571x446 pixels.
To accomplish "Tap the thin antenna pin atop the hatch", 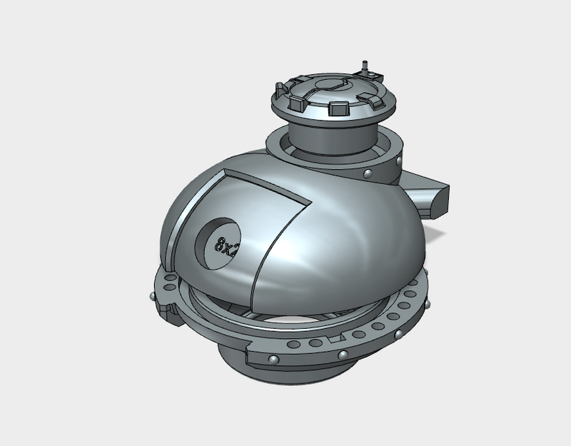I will (x=365, y=66).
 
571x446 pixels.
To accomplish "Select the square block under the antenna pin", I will (x=365, y=74).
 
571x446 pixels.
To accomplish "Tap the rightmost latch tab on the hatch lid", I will (x=370, y=99).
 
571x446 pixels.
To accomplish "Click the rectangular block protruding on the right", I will (x=431, y=194).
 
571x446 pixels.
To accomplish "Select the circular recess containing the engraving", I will (x=218, y=243).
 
